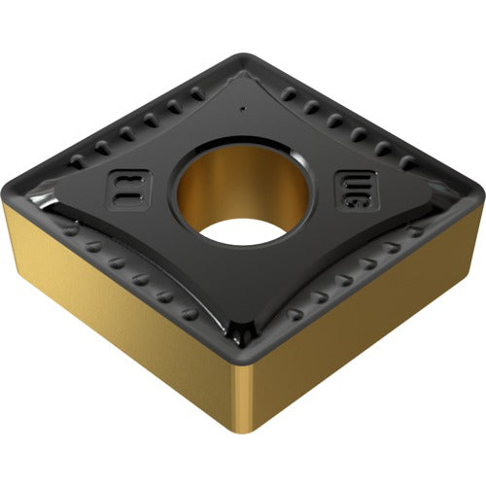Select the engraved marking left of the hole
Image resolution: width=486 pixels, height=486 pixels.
pyautogui.click(x=127, y=187)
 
